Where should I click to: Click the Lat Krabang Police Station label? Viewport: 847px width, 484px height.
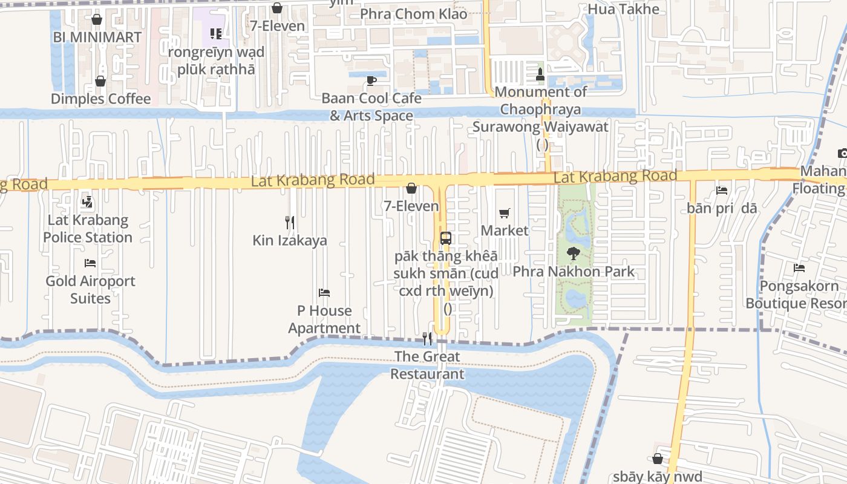(x=88, y=229)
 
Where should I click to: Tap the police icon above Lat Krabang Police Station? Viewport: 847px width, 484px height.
(x=87, y=202)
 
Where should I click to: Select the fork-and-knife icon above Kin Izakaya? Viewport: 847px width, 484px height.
(x=290, y=223)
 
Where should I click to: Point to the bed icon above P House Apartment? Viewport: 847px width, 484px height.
(x=324, y=293)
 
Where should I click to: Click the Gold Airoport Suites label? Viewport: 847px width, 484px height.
(x=91, y=289)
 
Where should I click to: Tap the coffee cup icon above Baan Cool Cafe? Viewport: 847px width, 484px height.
(x=371, y=80)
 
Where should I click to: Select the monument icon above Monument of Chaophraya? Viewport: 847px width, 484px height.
(x=541, y=74)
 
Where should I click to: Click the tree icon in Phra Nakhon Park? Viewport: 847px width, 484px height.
(x=573, y=254)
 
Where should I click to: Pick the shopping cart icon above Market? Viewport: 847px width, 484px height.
(x=505, y=213)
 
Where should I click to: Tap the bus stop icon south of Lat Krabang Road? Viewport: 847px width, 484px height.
(x=446, y=238)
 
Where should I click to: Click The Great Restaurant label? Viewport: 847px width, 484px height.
(x=427, y=365)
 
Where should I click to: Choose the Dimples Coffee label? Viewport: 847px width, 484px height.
(x=100, y=99)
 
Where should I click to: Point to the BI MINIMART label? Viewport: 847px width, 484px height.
(x=97, y=37)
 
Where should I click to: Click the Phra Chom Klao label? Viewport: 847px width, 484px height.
(x=414, y=13)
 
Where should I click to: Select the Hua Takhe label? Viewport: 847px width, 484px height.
(x=624, y=9)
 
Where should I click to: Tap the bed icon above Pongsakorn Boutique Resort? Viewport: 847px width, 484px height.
(x=799, y=267)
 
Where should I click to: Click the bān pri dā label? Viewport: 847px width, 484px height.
(x=722, y=208)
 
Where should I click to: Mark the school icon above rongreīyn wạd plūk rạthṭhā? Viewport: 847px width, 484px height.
(x=216, y=34)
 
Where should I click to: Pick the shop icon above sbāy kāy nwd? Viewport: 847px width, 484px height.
(x=658, y=459)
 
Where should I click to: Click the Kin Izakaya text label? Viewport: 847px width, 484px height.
(x=290, y=240)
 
